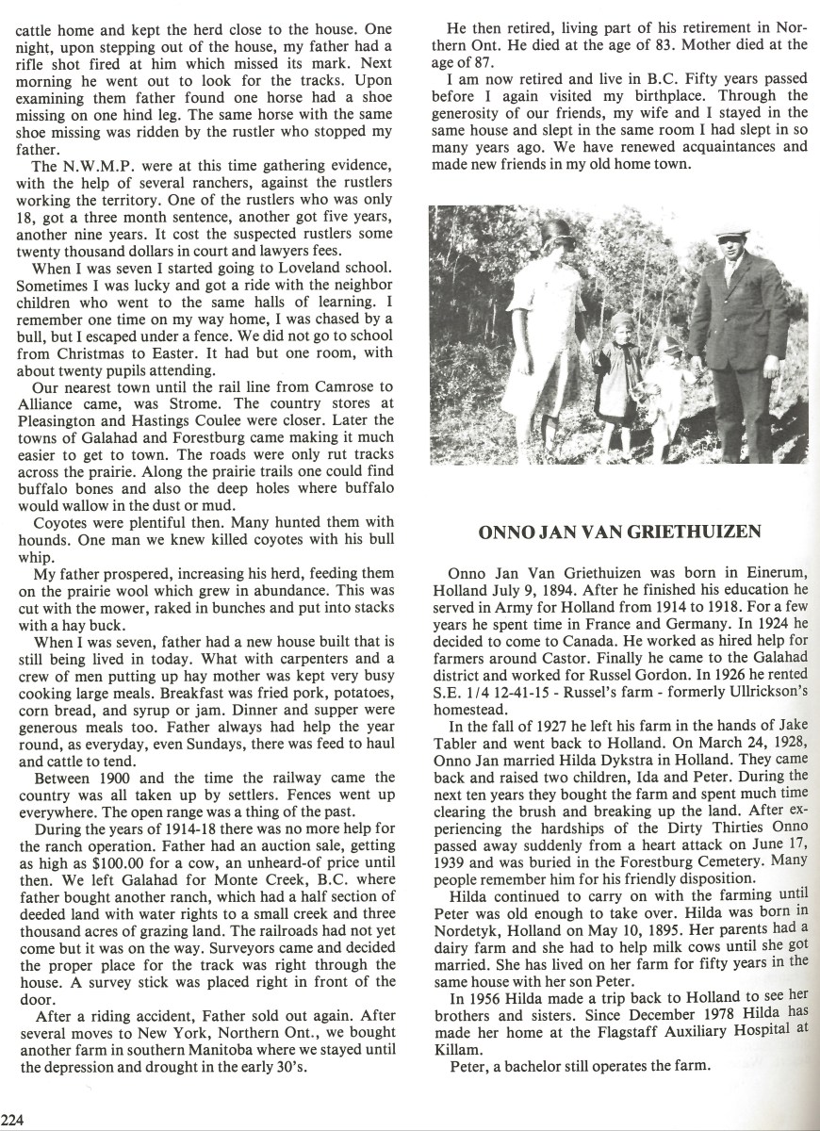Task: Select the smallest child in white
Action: click(x=673, y=396)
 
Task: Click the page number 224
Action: click(x=12, y=1119)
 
